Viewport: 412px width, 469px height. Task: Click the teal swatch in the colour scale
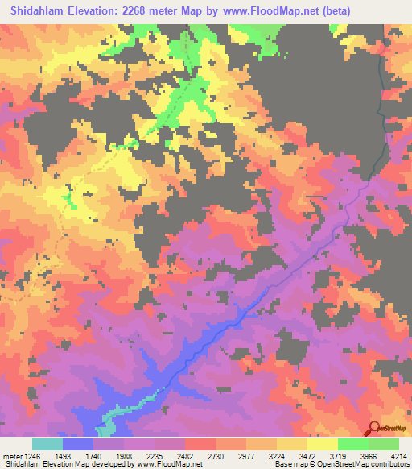click(x=47, y=444)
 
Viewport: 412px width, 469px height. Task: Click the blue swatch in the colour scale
click(x=78, y=444)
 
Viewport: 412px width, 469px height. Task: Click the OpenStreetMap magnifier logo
click(x=373, y=429)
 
